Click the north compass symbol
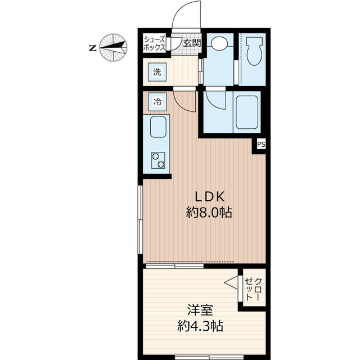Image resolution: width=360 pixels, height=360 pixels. (114, 48)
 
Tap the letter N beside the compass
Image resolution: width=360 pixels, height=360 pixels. (92, 49)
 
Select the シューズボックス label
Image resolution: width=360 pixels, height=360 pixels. (154, 43)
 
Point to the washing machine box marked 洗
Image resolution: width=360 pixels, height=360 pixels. (157, 71)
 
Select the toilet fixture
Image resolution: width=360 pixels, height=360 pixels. (253, 52)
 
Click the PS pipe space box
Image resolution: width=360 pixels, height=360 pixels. (261, 145)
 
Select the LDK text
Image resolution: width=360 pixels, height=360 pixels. (210, 196)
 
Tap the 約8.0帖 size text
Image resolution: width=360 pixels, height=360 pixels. (210, 213)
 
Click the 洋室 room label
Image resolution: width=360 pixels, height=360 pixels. (200, 309)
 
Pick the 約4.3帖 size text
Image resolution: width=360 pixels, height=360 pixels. (200, 325)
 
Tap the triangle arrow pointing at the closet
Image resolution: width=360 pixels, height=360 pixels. (231, 282)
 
